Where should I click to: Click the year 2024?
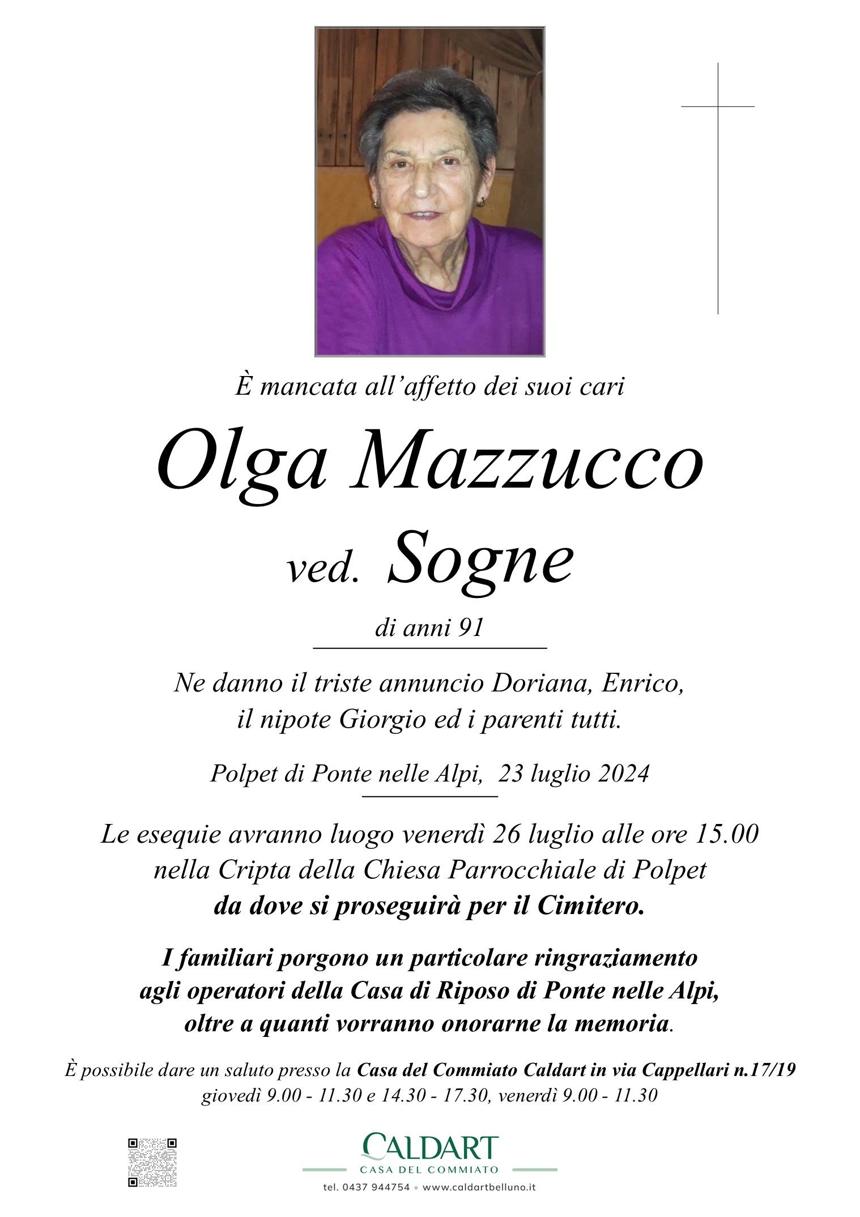tap(619, 774)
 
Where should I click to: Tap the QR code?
tap(152, 1162)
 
